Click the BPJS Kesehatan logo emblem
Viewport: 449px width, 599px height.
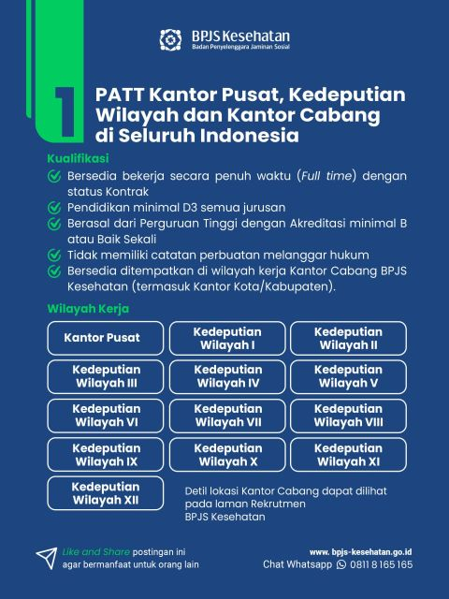point(170,40)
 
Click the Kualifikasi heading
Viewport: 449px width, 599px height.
point(79,158)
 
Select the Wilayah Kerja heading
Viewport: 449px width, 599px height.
point(88,308)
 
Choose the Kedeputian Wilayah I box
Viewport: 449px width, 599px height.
point(227,338)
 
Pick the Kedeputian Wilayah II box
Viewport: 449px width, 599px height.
point(348,338)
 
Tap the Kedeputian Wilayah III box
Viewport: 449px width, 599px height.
point(106,376)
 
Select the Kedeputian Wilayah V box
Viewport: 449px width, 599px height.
point(348,376)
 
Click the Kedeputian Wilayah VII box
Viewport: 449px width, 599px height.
point(227,416)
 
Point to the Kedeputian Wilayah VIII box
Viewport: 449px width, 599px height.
point(348,416)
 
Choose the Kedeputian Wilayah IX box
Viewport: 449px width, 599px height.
point(106,455)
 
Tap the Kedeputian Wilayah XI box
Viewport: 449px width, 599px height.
point(348,455)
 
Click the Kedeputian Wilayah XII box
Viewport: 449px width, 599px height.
point(106,493)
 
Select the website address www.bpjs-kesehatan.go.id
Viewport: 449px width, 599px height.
point(361,552)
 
